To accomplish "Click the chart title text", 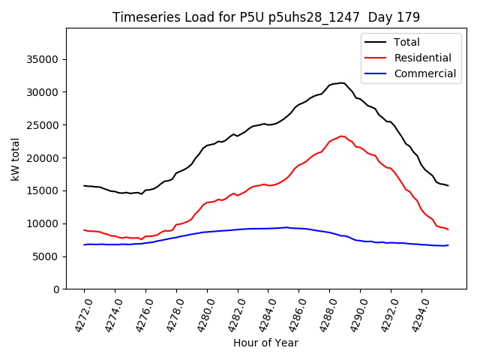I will pos(266,16).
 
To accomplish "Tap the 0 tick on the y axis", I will pos(55,289).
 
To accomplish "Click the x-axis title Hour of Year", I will pos(265,343).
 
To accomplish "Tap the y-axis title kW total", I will pos(16,159).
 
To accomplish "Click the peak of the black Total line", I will pos(341,82).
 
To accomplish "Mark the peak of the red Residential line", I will pos(341,136).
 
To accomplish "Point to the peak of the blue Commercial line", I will pos(286,227).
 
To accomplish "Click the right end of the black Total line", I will pos(448,185).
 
